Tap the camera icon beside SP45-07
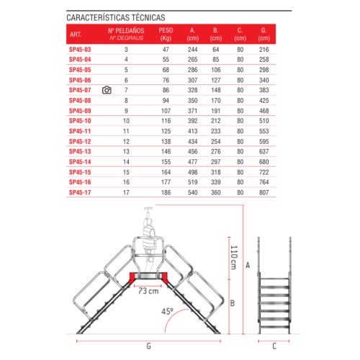tap(107, 90)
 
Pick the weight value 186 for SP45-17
tap(167, 193)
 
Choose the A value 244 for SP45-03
tap(192, 49)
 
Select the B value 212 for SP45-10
tap(216, 121)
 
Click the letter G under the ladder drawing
tap(148, 346)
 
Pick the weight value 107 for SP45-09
tap(167, 111)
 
